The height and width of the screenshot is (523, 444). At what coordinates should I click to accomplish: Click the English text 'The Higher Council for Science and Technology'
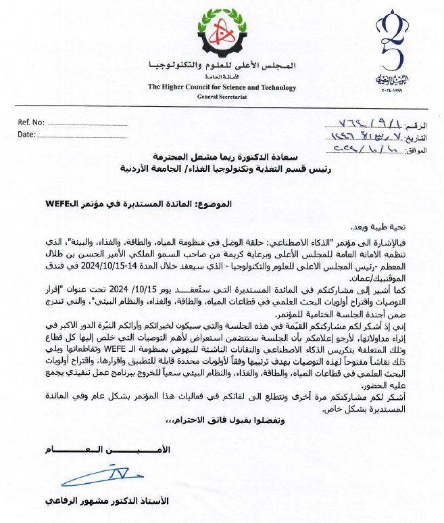[222, 87]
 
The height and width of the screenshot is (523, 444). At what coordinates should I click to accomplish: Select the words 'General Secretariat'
[222, 97]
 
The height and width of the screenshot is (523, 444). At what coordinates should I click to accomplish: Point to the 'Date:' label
[26, 135]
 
